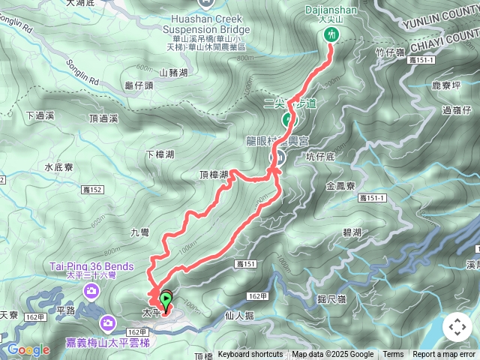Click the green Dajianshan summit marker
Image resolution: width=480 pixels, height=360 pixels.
pyautogui.click(x=331, y=35)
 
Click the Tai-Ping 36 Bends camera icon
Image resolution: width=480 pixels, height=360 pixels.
pyautogui.click(x=90, y=290)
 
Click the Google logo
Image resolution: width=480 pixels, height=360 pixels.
pyautogui.click(x=28, y=349)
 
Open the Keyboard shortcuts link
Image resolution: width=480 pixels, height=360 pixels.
pyautogui.click(x=250, y=355)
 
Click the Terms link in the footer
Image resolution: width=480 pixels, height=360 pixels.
pyautogui.click(x=393, y=355)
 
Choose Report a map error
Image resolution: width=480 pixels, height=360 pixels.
pyautogui.click(x=445, y=355)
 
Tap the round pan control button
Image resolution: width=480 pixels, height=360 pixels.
pyautogui.click(x=457, y=327)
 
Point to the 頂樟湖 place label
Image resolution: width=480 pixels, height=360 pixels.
pyautogui.click(x=214, y=175)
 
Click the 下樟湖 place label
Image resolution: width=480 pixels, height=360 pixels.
pyautogui.click(x=160, y=154)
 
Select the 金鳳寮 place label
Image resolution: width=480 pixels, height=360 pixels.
pyautogui.click(x=340, y=184)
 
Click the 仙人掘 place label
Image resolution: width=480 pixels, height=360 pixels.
pyautogui.click(x=241, y=316)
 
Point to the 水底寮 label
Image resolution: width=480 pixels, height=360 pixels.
pyautogui.click(x=58, y=167)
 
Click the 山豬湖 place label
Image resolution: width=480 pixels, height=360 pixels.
pyautogui.click(x=174, y=73)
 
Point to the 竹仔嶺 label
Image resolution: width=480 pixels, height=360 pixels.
pyautogui.click(x=391, y=51)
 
